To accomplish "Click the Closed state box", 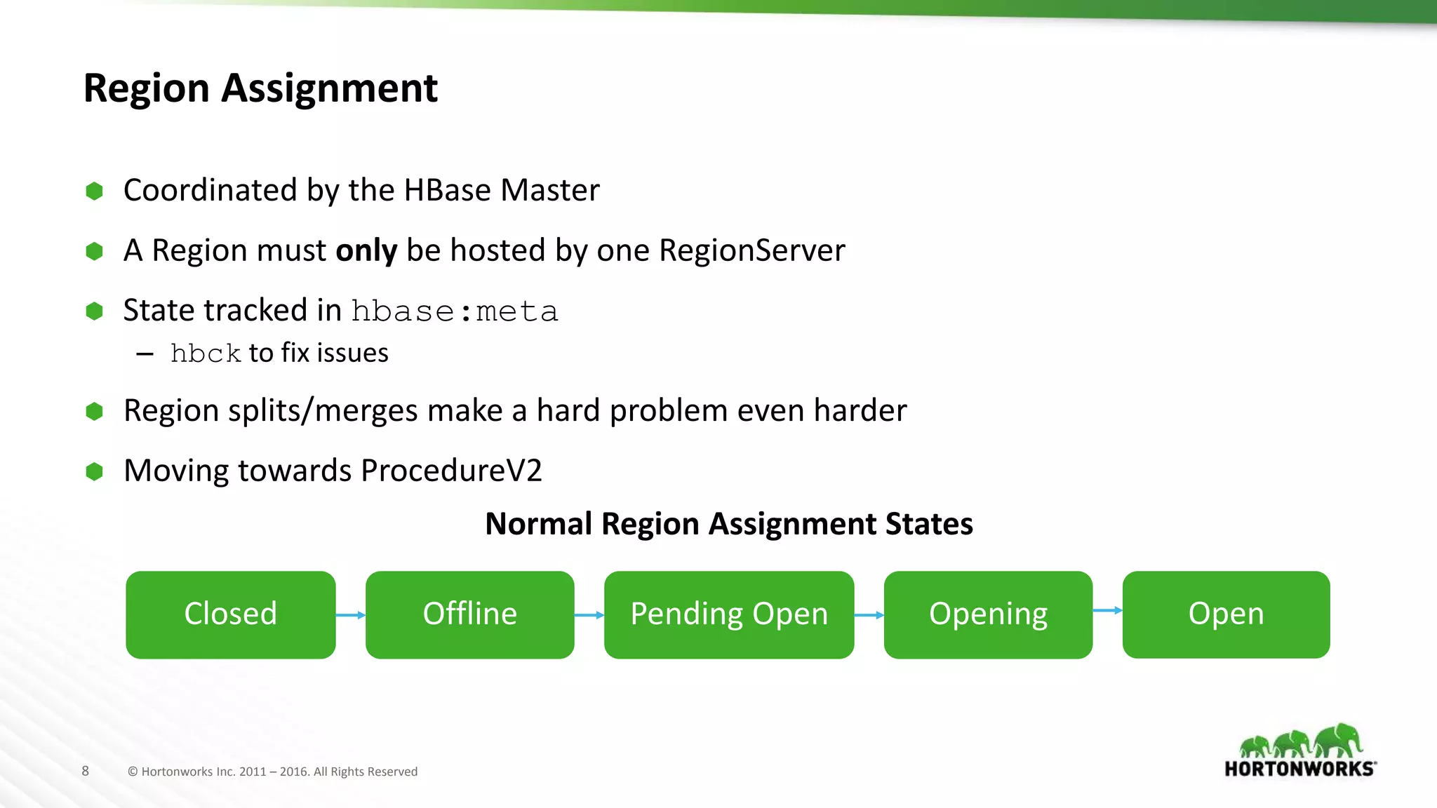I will [x=230, y=614].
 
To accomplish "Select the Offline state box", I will [x=469, y=614].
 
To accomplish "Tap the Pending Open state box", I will [x=728, y=614].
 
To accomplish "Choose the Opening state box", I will [x=988, y=614].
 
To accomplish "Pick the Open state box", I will [x=1226, y=614].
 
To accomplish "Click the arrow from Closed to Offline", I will [x=350, y=615].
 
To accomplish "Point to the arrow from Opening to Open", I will [x=1107, y=610].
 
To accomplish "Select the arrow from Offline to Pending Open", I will [x=589, y=615].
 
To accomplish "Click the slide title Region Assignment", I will [x=260, y=88].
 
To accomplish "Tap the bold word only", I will [x=366, y=250].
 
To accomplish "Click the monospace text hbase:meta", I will [x=455, y=311].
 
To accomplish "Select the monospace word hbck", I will [x=206, y=353].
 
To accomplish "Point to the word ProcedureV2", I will [x=451, y=471].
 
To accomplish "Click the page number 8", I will [x=86, y=771].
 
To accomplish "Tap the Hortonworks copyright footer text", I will [x=272, y=772].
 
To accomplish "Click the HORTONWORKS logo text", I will [x=1299, y=769].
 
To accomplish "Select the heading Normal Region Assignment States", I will [x=728, y=524].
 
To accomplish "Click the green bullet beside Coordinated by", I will [x=94, y=191].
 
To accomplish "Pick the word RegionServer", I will [x=751, y=250].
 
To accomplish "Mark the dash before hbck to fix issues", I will [x=145, y=354].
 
